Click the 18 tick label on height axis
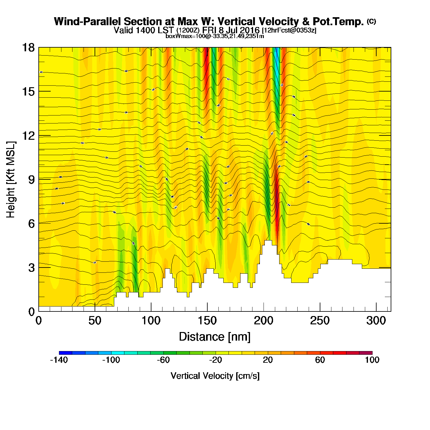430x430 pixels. (28, 48)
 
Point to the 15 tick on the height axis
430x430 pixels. (28, 92)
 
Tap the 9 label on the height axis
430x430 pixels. (31, 180)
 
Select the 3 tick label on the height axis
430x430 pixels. (31, 268)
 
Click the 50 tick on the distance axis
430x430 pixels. (95, 321)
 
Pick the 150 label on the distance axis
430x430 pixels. (207, 321)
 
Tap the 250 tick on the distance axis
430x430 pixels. (320, 321)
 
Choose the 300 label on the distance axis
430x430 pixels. (376, 321)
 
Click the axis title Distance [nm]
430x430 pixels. (215, 337)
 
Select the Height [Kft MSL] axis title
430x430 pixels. (11, 180)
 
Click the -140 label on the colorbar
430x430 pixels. (59, 360)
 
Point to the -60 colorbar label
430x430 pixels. (163, 360)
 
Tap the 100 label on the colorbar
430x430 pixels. (372, 360)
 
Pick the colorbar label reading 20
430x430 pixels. (268, 360)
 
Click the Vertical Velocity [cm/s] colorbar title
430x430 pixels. (215, 376)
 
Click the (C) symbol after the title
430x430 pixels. (371, 21)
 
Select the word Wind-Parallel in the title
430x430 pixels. (88, 21)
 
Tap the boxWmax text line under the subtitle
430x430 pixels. (215, 36)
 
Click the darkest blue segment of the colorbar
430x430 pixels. (65, 353)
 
